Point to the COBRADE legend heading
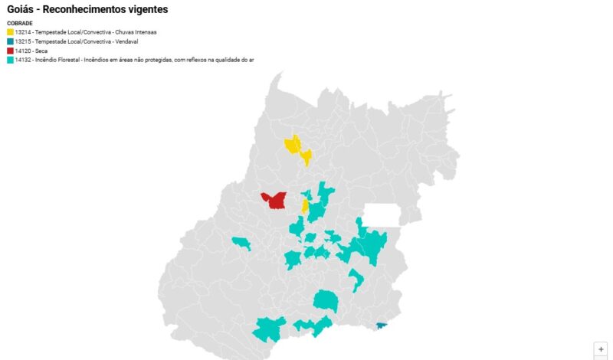tap(19, 24)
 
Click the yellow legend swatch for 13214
tap(10, 32)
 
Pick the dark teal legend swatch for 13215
tap(10, 41)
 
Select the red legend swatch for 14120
tap(10, 51)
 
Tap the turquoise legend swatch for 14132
tap(10, 59)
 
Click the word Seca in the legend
tap(41, 51)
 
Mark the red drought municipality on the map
tap(274, 200)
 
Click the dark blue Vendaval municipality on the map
tap(382, 326)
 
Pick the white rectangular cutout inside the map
tap(382, 214)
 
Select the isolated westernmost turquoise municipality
tap(242, 244)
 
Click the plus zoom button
tap(601, 348)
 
